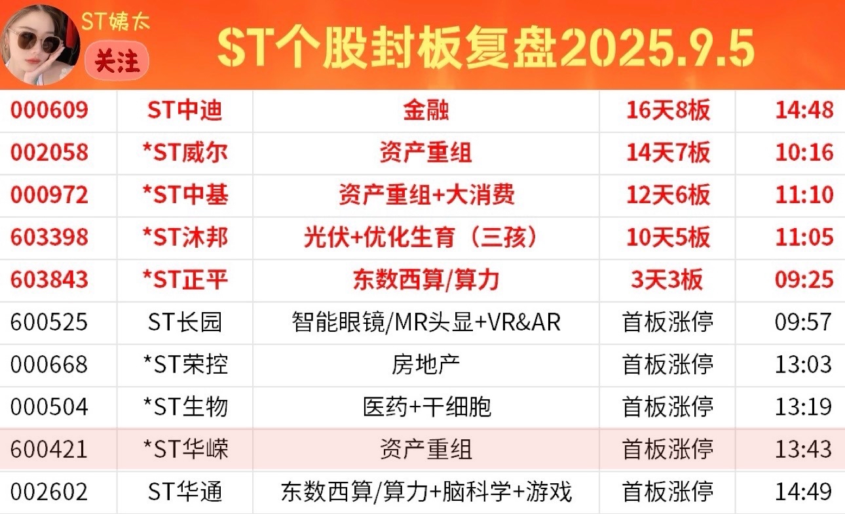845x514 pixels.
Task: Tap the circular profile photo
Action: pos(41,45)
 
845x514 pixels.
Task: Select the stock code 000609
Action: pos(49,110)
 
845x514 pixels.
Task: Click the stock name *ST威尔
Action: pos(185,153)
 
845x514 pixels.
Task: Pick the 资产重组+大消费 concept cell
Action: pos(426,195)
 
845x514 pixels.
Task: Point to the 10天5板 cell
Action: pos(667,237)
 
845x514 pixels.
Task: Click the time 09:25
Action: pos(804,279)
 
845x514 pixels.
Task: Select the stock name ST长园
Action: pos(185,322)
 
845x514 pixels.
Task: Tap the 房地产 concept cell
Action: pos(426,365)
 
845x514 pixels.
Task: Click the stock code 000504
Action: pos(49,406)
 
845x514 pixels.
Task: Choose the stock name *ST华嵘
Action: pos(185,449)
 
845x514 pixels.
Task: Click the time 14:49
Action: pos(804,492)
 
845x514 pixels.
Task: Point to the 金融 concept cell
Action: pos(426,110)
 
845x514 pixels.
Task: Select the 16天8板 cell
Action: pos(667,110)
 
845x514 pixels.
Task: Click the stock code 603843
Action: pos(49,279)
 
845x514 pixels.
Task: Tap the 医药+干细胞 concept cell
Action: pos(426,406)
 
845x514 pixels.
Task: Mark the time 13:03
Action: pos(804,365)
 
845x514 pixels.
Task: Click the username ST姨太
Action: pos(115,21)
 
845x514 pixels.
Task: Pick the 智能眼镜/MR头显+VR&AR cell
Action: pos(426,322)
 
